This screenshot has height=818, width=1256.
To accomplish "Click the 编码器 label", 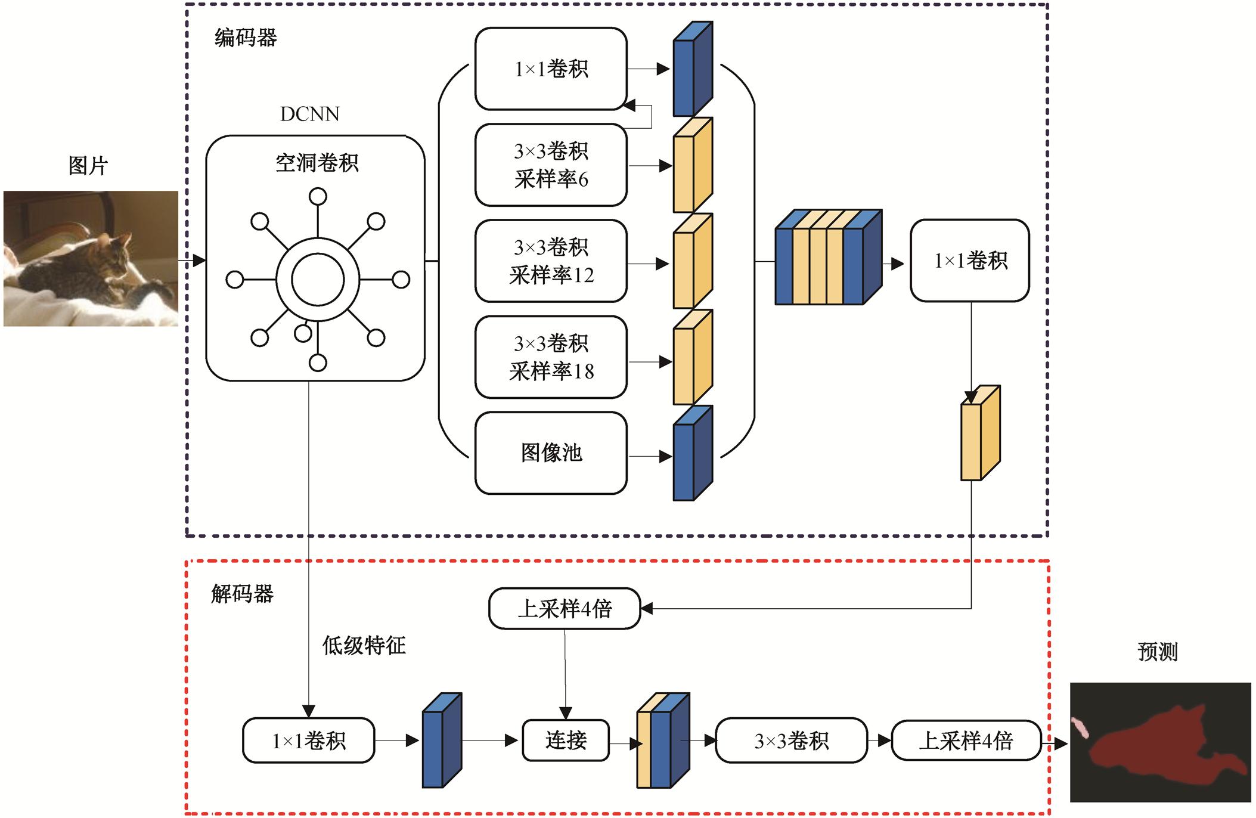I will click(246, 38).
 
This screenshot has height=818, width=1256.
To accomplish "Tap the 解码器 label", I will click(242, 594).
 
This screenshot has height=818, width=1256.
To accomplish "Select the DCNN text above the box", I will click(309, 114).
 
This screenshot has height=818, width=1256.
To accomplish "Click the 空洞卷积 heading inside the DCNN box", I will click(317, 163).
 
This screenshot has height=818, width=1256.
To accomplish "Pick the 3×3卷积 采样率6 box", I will click(551, 165).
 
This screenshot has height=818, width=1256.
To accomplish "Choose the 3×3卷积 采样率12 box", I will click(551, 261).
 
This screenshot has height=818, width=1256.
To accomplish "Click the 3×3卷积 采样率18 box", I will click(551, 357).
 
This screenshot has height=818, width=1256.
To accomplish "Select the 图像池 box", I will click(551, 453).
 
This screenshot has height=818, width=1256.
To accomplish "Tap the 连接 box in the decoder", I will click(566, 740).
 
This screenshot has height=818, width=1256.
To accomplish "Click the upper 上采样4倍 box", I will click(565, 609).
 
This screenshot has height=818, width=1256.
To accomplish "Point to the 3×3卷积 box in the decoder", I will click(791, 740).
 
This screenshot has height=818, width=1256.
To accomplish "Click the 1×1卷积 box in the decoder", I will click(309, 740).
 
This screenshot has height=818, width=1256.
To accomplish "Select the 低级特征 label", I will click(364, 645).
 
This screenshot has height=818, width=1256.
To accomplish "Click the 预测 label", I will click(1158, 652).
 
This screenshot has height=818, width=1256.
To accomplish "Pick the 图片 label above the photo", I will click(88, 166).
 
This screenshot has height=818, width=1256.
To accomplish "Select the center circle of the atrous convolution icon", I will click(318, 280).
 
